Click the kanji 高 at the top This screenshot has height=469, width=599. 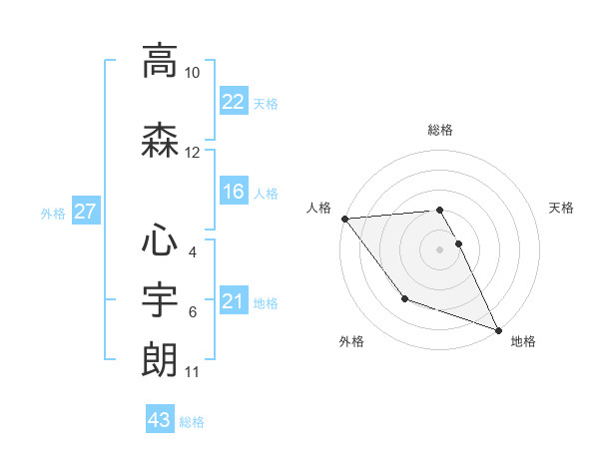click(x=160, y=61)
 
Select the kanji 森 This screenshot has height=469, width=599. click(x=160, y=141)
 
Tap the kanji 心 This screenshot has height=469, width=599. click(x=160, y=239)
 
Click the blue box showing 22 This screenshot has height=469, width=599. click(x=233, y=102)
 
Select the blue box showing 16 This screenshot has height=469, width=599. click(x=233, y=192)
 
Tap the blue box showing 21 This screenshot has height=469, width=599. click(x=233, y=301)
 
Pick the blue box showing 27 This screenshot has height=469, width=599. click(x=85, y=212)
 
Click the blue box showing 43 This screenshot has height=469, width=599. click(x=160, y=420)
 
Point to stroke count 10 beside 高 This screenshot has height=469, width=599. click(x=193, y=73)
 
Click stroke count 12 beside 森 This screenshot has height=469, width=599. click(x=193, y=153)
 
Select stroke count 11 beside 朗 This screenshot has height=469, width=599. click(x=193, y=372)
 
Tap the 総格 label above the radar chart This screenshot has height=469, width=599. click(x=440, y=130)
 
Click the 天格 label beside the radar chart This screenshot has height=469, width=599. click(x=562, y=208)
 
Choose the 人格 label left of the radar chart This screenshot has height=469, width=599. click(x=319, y=208)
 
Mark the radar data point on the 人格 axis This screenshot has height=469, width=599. click(x=344, y=219)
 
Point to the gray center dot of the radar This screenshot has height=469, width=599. click(x=440, y=248)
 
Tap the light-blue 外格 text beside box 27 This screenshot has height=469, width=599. click(x=53, y=213)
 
